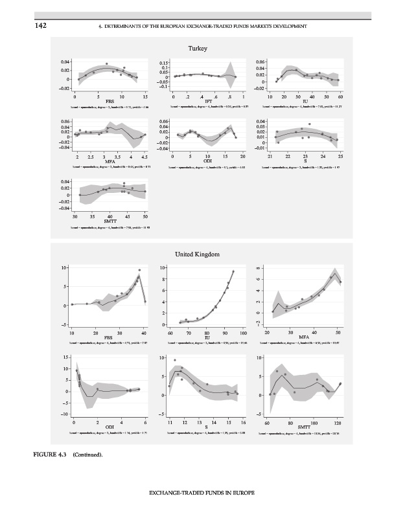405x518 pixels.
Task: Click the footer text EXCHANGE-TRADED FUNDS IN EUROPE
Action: [202, 493]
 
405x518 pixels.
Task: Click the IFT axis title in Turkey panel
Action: [208, 101]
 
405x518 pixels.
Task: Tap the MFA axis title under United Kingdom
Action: [303, 337]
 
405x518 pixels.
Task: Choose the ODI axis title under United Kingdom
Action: [110, 427]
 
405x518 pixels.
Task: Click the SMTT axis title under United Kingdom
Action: [303, 427]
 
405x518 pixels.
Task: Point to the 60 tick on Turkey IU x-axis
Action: [340, 96]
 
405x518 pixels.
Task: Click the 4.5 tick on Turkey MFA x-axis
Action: [145, 157]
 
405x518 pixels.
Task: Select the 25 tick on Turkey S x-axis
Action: [340, 157]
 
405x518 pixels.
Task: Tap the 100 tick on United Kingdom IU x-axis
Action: [243, 332]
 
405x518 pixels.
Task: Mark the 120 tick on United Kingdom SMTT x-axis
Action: [338, 422]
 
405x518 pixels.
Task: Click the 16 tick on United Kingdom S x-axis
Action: [243, 422]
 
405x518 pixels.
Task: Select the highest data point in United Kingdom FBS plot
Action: [139, 270]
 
